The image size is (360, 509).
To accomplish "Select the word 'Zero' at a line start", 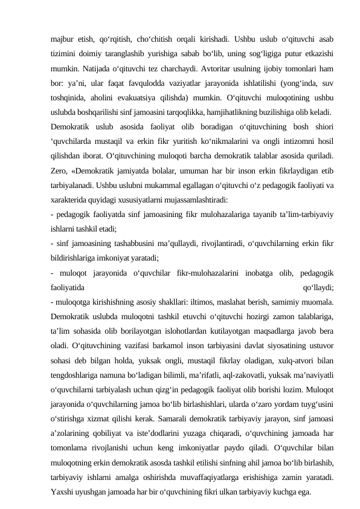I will pos(59,172).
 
